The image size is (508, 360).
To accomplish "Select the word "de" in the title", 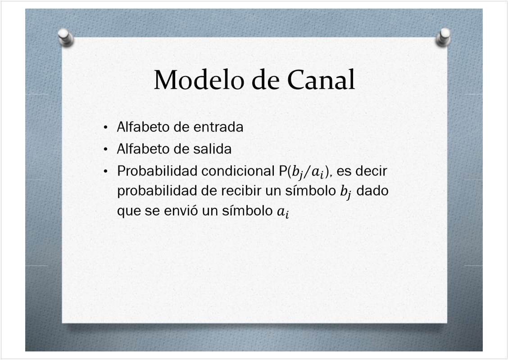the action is coord(265,80).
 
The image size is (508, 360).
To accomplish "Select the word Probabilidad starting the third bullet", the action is coord(158,171).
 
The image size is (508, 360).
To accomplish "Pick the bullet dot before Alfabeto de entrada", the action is coord(105,127).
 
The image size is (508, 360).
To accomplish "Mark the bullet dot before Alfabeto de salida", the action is coord(105,149).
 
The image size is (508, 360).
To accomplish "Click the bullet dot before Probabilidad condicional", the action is coord(105,171).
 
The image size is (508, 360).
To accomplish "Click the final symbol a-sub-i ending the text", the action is coord(283,212).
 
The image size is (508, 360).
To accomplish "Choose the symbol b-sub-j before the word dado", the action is coord(346,193).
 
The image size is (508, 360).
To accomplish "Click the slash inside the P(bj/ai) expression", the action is coord(307,172).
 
